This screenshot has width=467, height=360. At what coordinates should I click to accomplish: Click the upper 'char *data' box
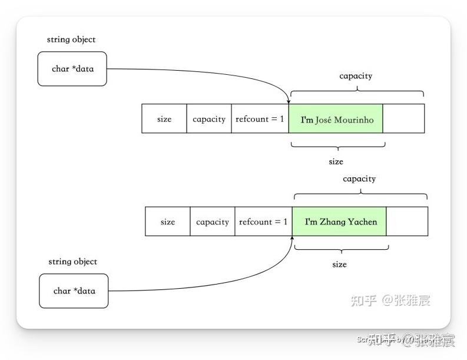point(72,69)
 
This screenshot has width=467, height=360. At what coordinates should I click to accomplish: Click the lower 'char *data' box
point(74,290)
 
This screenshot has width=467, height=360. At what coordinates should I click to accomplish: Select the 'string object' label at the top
point(71,39)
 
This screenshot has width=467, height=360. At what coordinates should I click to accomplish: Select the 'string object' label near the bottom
point(73,262)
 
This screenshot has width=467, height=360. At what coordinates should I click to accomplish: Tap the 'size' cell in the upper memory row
point(164,119)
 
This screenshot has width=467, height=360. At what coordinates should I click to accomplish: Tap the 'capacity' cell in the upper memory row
point(209,119)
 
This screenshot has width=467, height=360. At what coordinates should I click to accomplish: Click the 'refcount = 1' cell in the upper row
point(260,119)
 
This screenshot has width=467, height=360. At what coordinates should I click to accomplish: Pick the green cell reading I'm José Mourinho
point(336,119)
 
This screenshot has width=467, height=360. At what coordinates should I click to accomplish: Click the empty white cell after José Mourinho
point(403,119)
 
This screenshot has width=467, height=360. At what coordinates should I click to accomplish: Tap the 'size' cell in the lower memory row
point(168,222)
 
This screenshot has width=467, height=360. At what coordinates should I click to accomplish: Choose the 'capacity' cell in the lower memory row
point(213,222)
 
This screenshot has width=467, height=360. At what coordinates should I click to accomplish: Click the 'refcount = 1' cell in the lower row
point(263,222)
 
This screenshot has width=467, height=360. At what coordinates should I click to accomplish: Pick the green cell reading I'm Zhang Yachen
point(340,222)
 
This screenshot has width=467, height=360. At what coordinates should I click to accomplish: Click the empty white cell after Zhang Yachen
point(407,222)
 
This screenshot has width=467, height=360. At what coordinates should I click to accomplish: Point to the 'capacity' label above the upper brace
point(356,76)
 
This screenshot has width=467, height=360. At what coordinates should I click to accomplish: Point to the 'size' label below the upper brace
point(336,161)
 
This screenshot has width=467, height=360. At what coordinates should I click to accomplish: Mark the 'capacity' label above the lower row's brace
point(359,179)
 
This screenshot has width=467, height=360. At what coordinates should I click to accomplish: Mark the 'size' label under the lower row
point(339,265)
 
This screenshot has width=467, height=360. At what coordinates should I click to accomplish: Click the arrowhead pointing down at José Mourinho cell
point(289,101)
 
